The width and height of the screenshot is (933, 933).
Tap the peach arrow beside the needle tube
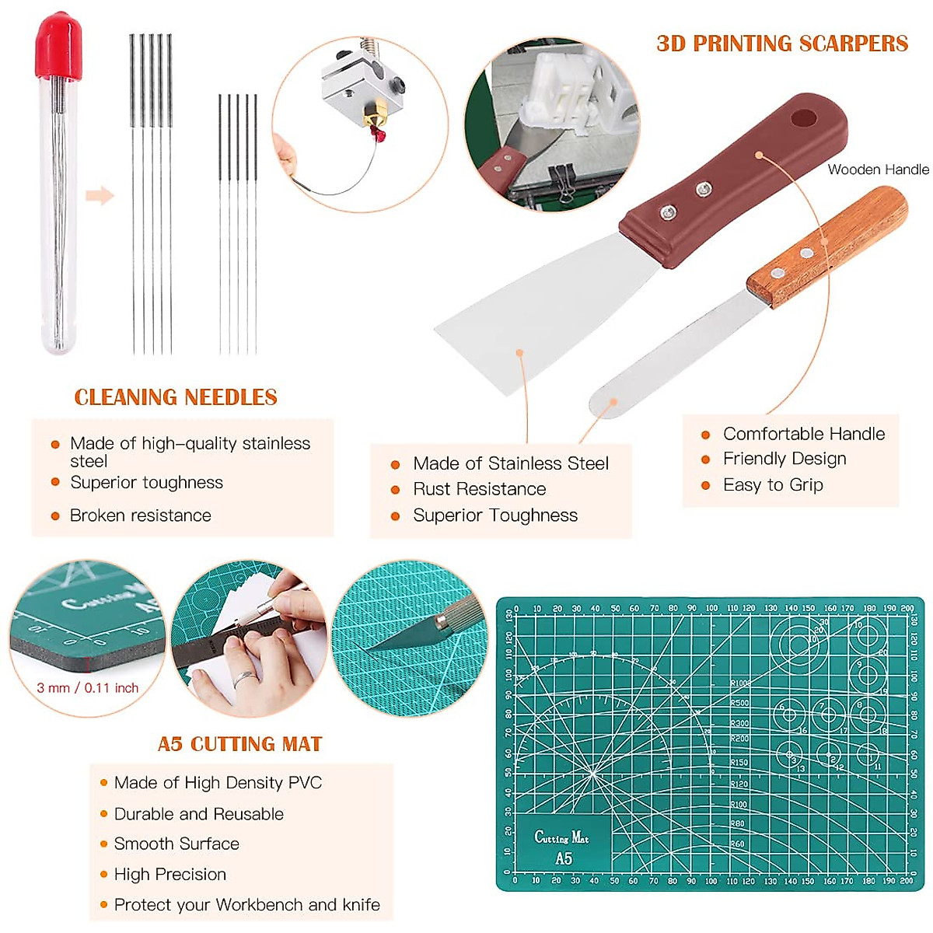[100, 195]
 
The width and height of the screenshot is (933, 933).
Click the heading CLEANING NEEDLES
[176, 397]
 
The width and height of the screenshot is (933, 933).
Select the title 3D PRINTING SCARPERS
[782, 44]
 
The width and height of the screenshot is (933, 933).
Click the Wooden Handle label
[878, 169]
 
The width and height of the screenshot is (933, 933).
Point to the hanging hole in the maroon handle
[804, 119]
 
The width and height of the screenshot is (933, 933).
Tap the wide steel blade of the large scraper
[529, 311]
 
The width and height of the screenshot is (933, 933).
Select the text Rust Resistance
[479, 489]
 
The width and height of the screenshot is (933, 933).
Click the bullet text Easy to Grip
[773, 485]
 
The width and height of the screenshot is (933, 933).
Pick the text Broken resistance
[140, 515]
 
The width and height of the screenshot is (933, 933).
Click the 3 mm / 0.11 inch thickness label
[87, 688]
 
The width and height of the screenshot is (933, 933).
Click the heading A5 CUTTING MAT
[239, 744]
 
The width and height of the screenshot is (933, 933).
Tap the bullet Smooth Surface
[176, 844]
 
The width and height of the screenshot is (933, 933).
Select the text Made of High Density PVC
[218, 783]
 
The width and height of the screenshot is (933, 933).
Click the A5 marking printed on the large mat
[564, 858]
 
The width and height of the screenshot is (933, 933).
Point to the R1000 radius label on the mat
[739, 683]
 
